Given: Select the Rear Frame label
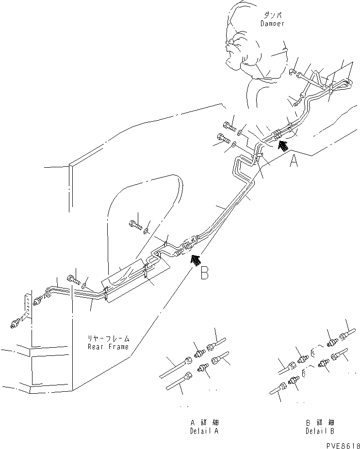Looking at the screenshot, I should (x=109, y=347).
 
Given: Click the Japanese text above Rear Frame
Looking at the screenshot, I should (x=109, y=338).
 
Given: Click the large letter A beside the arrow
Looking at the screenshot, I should (x=294, y=160).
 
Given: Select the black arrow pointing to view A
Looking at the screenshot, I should (x=282, y=143).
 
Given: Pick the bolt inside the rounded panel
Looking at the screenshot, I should (x=135, y=224).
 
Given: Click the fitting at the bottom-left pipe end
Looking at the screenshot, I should (x=17, y=322).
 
